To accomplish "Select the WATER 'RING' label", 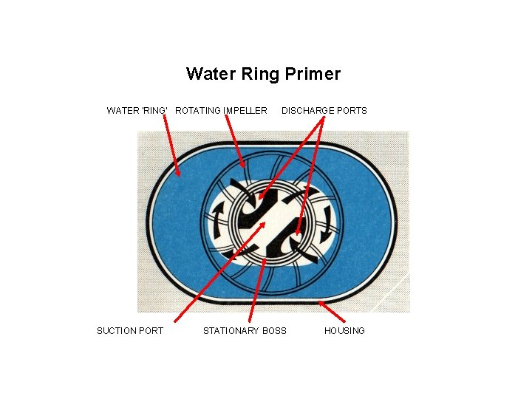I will point(137,111).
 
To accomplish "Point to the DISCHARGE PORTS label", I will point(324,111).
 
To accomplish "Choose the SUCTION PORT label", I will point(130,330).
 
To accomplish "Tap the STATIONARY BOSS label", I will point(245,330).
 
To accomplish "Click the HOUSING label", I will point(344,330).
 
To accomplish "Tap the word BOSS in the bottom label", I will point(273,330).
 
